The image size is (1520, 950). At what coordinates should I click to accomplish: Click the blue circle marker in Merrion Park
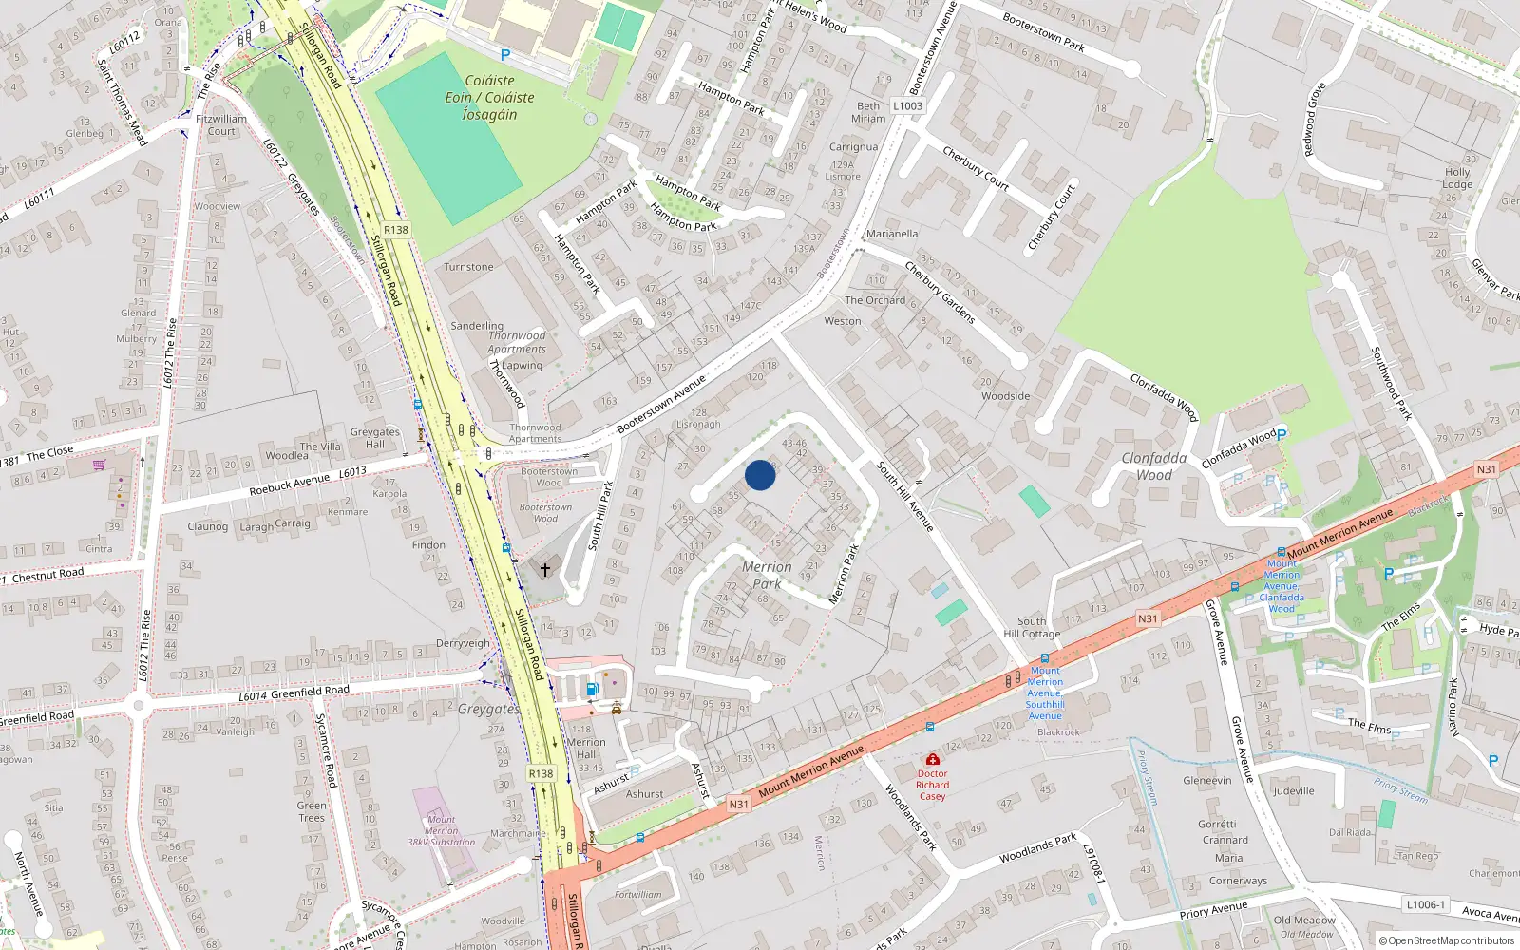760,475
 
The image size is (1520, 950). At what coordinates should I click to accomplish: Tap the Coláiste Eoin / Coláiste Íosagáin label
489,98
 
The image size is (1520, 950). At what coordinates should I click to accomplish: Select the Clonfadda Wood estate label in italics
1154,466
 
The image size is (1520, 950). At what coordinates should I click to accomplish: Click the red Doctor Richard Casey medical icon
933,759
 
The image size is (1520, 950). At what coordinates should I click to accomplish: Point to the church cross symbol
545,569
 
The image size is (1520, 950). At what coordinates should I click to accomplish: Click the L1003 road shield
907,106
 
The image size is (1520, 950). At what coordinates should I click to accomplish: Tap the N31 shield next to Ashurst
738,804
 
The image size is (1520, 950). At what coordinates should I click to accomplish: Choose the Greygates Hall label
374,438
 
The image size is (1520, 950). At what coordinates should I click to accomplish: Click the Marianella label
892,234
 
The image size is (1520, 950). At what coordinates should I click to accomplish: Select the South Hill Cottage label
1032,628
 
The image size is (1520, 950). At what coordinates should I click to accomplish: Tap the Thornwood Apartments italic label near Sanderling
517,342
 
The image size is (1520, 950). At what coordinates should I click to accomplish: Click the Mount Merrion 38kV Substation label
441,830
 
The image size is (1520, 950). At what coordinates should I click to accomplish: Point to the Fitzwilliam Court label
221,125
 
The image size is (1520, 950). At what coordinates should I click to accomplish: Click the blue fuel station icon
592,689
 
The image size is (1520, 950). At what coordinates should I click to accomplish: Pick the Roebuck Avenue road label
289,484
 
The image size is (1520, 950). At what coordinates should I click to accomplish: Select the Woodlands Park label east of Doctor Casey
1037,848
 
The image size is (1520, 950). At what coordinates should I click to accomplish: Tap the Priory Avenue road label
1213,911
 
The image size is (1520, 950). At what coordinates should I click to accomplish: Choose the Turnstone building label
468,267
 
